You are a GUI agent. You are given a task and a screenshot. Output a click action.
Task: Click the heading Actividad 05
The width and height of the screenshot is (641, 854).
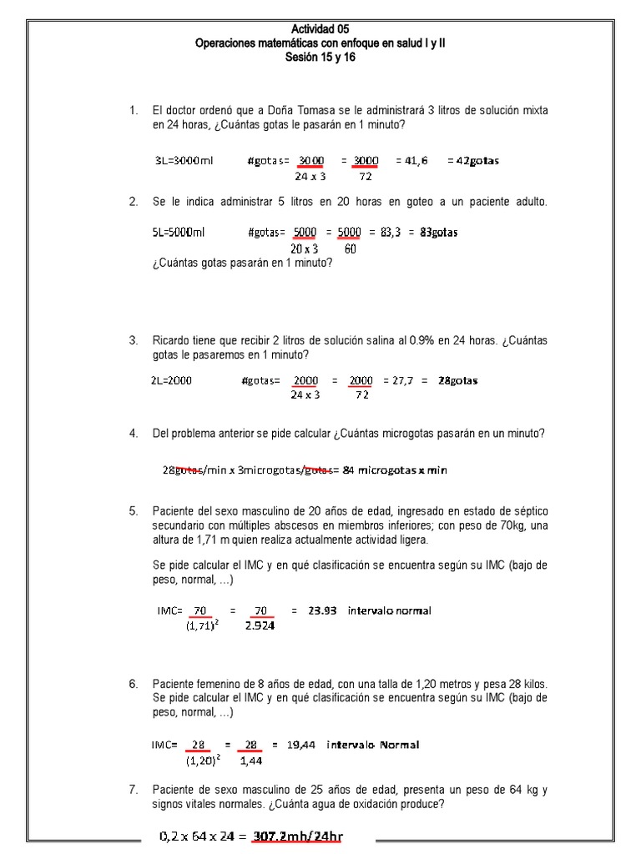click(x=320, y=29)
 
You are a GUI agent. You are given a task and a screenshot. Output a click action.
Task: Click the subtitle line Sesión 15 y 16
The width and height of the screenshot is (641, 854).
click(x=320, y=57)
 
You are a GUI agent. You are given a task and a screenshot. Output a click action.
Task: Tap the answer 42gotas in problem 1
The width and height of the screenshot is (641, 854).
click(x=473, y=161)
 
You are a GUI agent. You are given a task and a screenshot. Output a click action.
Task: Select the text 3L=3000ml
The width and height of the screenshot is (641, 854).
click(x=184, y=161)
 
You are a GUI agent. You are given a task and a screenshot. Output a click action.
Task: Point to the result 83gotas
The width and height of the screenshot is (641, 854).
click(x=439, y=233)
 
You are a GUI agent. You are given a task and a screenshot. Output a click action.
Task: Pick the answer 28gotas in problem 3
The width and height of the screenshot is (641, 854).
click(x=458, y=380)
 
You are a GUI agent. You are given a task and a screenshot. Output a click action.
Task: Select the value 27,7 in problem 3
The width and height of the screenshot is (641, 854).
click(x=396, y=380)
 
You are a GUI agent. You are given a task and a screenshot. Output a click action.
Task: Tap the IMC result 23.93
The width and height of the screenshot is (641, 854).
click(x=323, y=610)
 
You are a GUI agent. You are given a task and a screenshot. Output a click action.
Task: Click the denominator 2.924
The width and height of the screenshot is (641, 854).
click(x=260, y=626)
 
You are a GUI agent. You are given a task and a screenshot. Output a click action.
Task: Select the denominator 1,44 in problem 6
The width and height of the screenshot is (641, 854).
click(x=250, y=760)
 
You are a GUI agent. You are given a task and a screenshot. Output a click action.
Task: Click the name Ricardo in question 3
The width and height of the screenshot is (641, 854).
click(x=170, y=340)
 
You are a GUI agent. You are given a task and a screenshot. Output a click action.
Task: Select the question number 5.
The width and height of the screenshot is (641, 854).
click(x=133, y=511)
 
